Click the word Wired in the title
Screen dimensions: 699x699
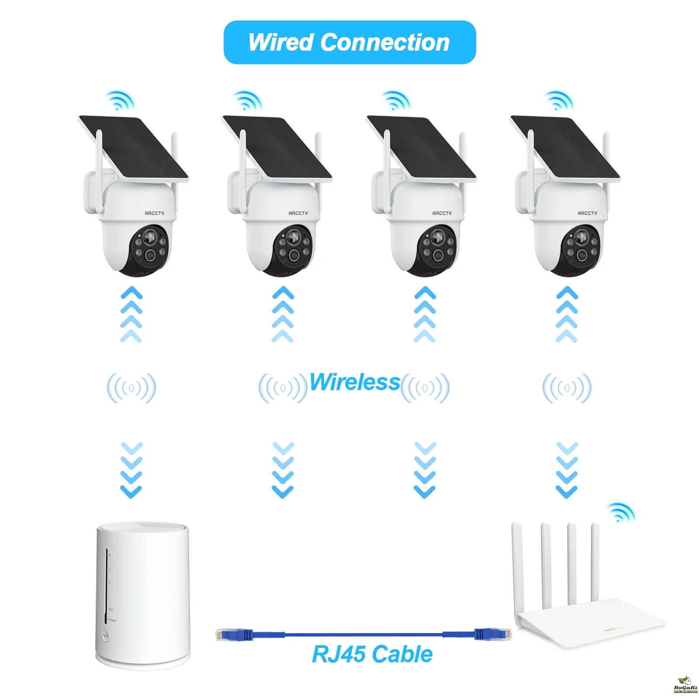point(281,42)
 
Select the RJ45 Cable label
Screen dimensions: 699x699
point(372,654)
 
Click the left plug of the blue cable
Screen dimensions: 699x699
point(234,634)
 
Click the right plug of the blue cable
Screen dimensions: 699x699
point(494,634)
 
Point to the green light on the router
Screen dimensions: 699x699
point(613,630)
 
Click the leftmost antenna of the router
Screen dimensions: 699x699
point(518,564)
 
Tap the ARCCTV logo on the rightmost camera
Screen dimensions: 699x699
point(587,213)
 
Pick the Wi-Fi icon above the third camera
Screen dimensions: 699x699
point(395,101)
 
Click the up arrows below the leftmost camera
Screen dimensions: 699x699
point(131,314)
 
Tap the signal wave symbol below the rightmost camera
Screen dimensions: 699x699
point(567,388)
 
